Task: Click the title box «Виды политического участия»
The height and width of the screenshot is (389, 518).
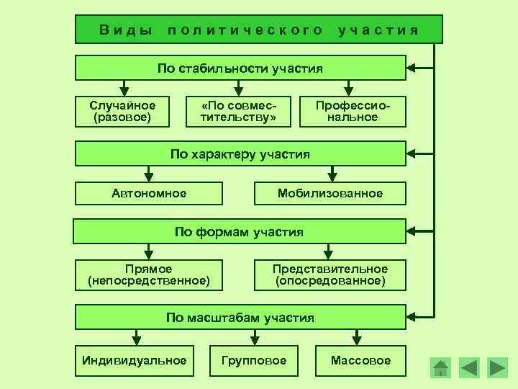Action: [x=259, y=30]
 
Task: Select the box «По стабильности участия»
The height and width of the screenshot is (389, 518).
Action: [x=240, y=69]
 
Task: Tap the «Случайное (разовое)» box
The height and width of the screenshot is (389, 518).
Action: [x=123, y=111]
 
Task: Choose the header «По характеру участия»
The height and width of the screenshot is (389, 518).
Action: [x=240, y=153]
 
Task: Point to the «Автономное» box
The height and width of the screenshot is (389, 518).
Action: [x=149, y=193]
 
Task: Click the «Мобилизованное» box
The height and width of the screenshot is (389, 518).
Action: [x=330, y=193]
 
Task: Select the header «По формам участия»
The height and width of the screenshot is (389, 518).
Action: [x=240, y=232]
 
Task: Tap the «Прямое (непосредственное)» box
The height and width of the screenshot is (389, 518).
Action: [x=149, y=274]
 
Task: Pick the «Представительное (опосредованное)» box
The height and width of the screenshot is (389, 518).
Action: [x=330, y=274]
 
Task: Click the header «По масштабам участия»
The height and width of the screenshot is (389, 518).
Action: [x=240, y=317]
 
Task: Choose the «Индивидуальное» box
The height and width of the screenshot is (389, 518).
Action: [x=135, y=360]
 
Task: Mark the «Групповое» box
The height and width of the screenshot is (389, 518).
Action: [x=254, y=360]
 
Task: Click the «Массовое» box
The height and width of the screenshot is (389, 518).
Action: [x=360, y=360]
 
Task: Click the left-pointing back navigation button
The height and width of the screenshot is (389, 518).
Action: [x=468, y=368]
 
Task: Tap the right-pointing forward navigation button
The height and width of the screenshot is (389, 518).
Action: [x=497, y=368]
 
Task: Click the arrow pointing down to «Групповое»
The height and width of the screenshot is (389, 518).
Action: [x=254, y=337]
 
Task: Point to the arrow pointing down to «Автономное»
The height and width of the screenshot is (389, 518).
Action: [x=149, y=174]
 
